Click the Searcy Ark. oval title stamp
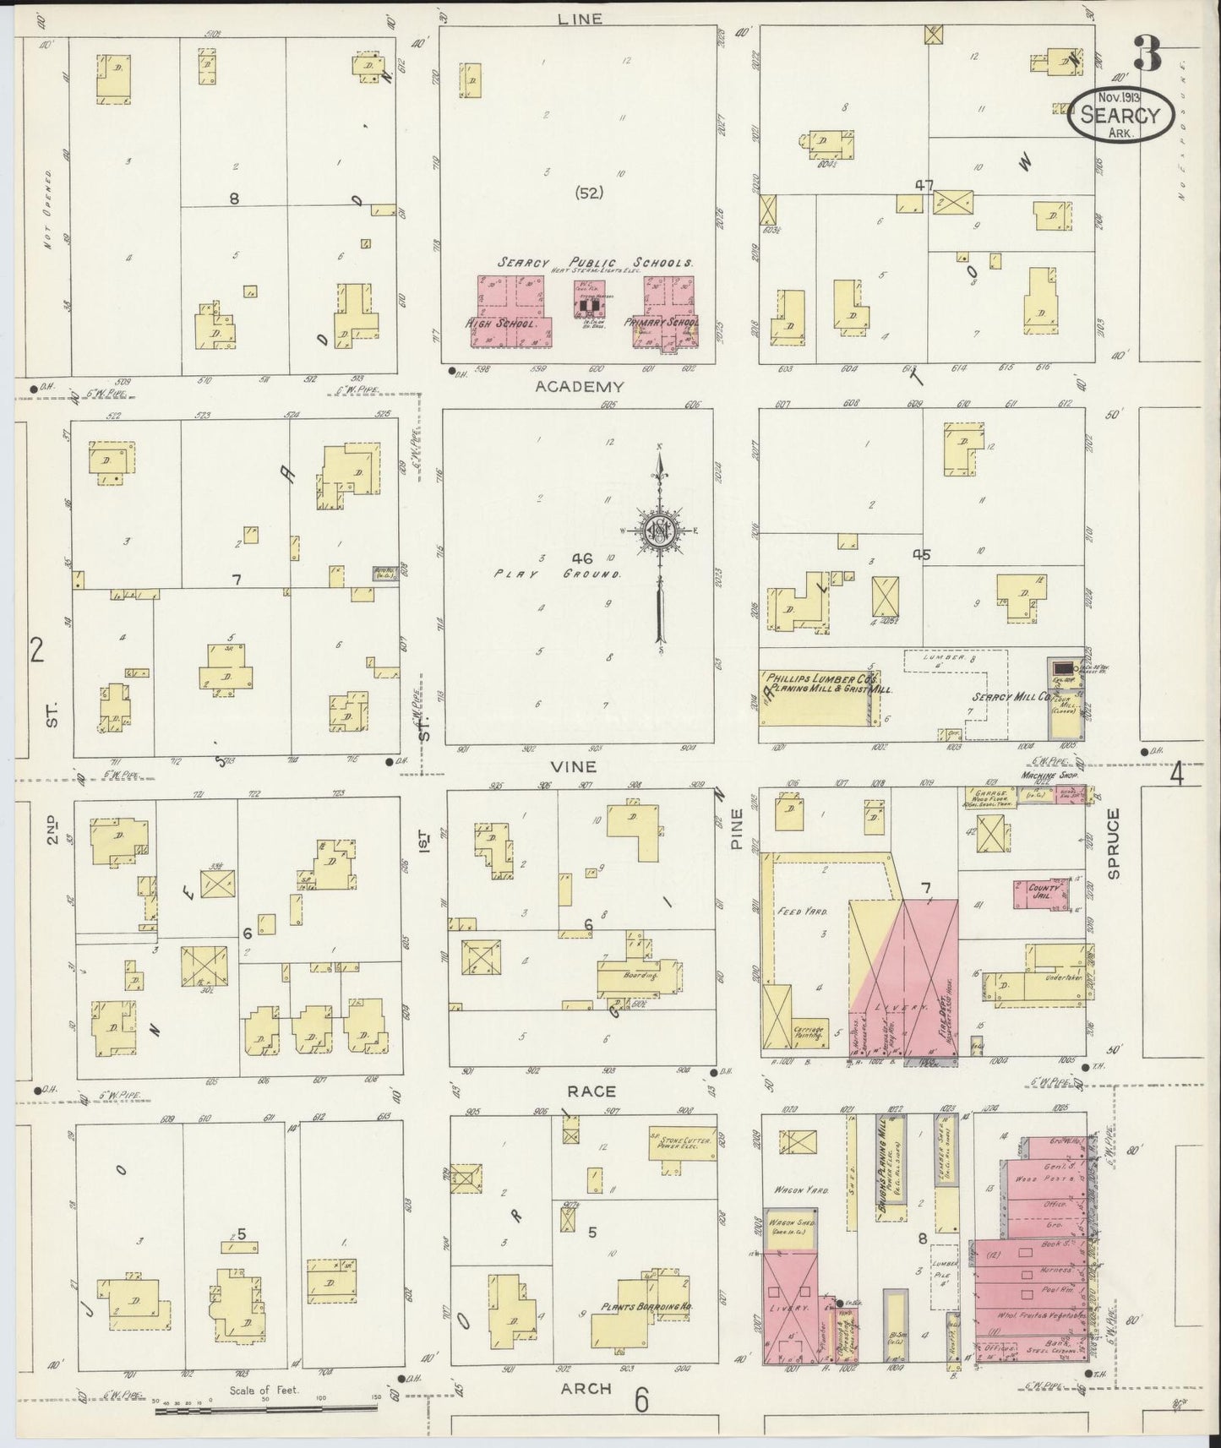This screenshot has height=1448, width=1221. click(x=1120, y=114)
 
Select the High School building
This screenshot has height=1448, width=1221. click(x=510, y=313)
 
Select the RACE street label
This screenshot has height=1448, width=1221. click(x=591, y=1091)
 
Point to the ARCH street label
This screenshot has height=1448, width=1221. click(x=586, y=1388)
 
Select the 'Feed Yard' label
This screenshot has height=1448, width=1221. click(x=809, y=912)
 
